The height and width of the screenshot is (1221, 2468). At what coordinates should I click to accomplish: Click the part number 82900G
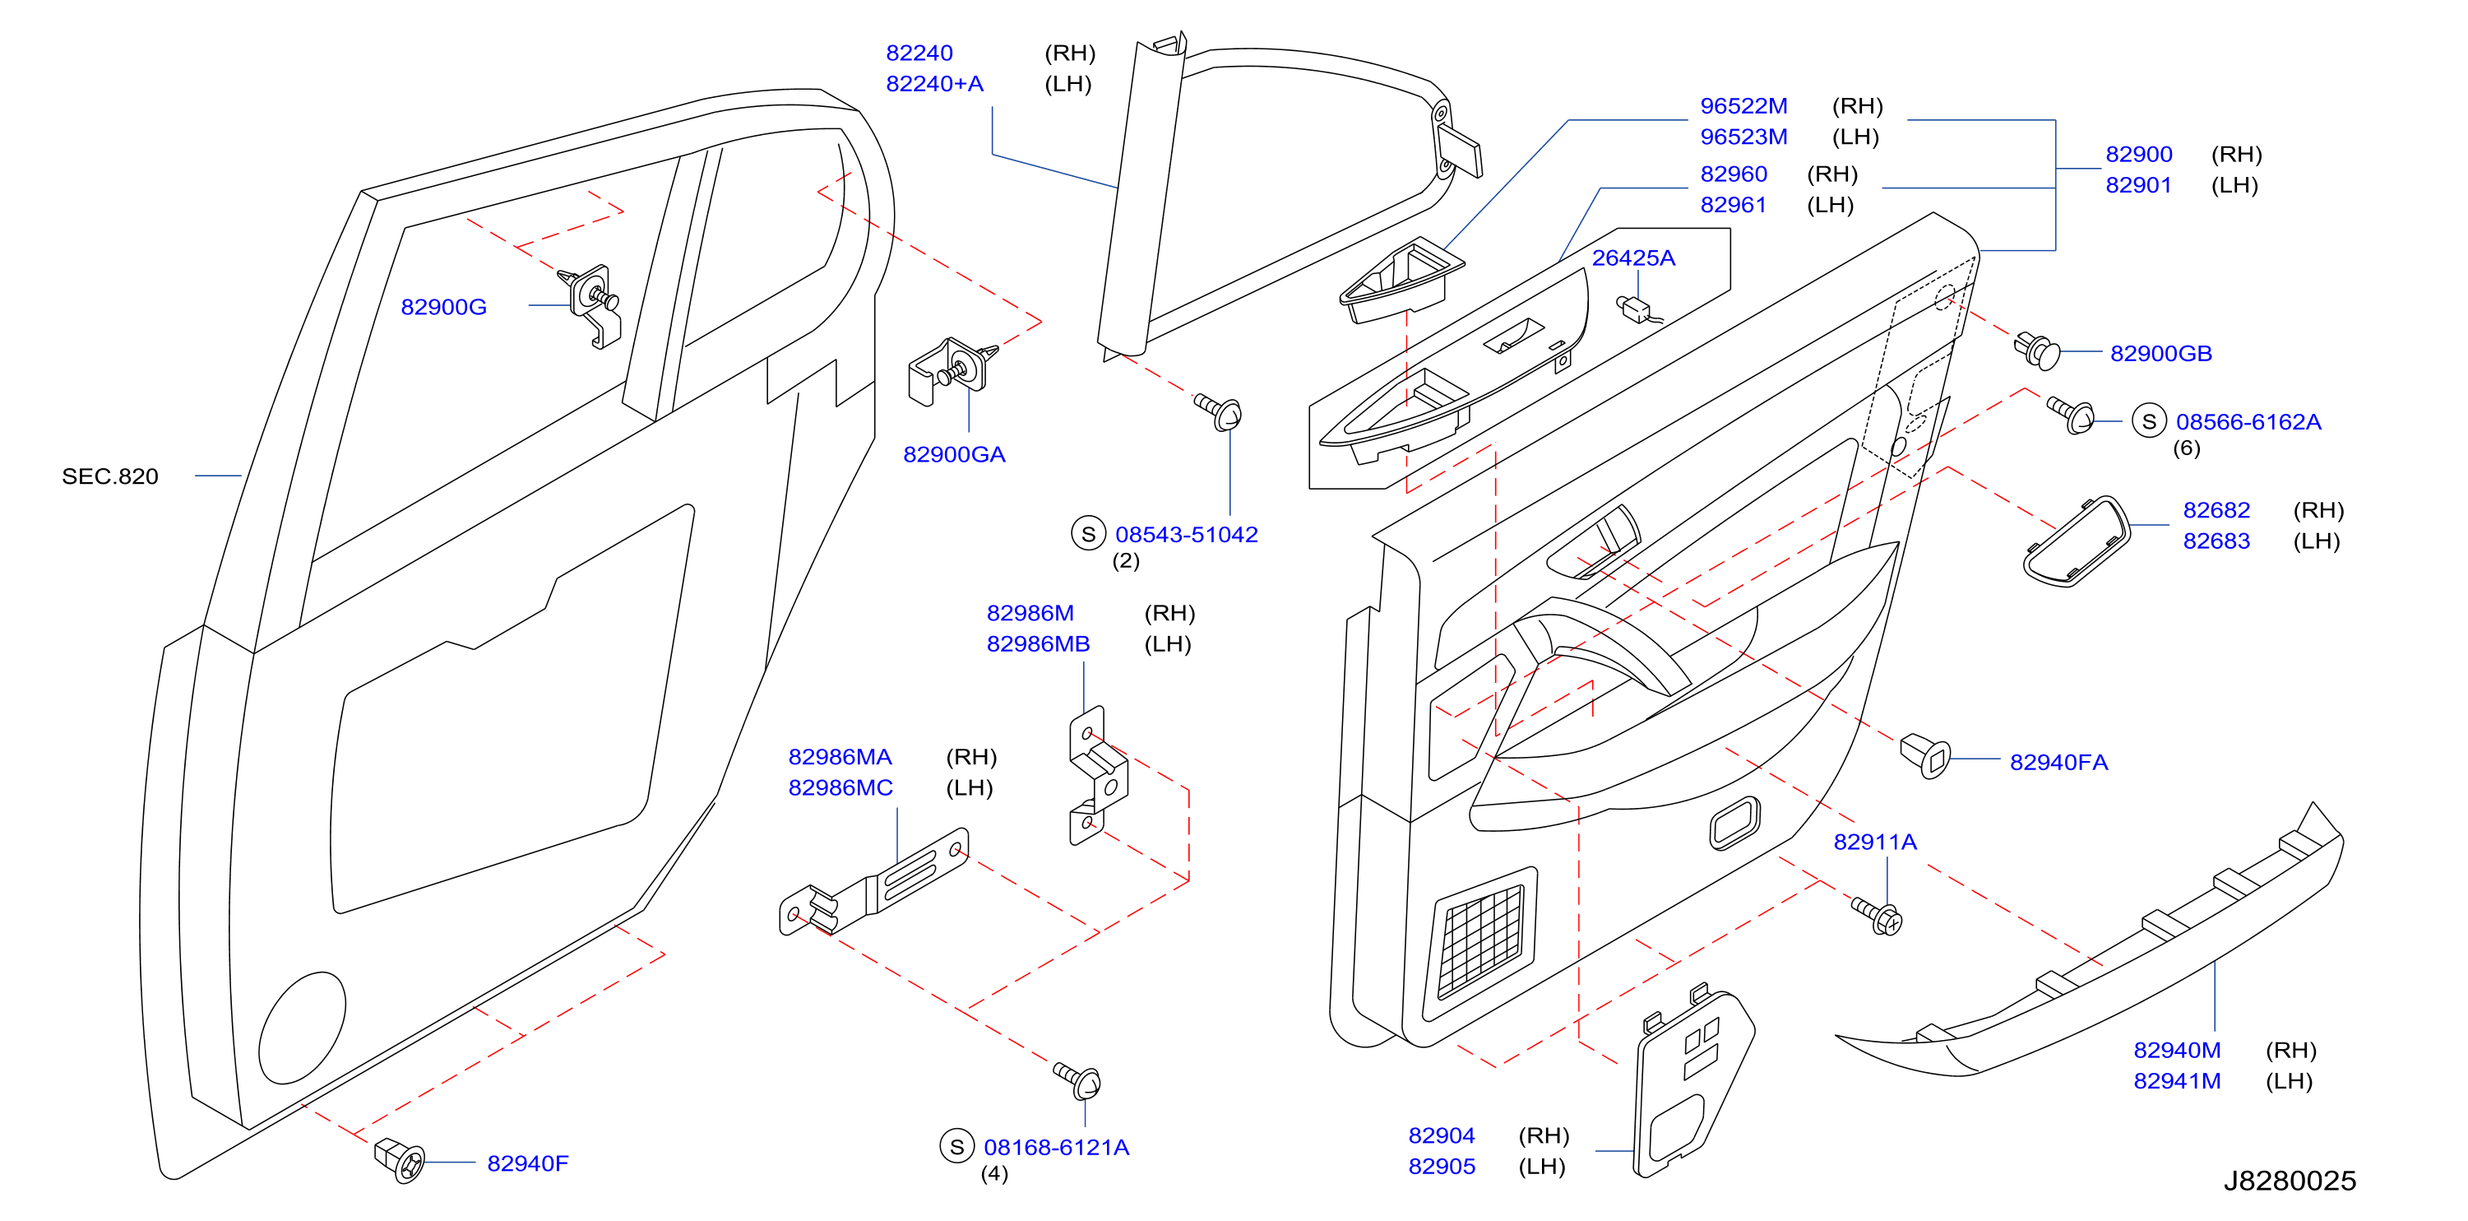click(x=443, y=307)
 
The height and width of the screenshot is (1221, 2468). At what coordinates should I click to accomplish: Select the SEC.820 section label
click(x=110, y=476)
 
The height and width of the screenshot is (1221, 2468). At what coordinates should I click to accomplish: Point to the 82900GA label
click(x=954, y=454)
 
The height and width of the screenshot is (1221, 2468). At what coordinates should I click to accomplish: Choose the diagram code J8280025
click(x=2290, y=1181)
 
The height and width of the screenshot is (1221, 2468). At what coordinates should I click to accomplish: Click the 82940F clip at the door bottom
click(x=400, y=1159)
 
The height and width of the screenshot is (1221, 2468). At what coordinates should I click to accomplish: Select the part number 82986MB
click(x=1038, y=644)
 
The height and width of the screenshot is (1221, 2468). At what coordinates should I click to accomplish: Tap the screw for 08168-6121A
click(x=1078, y=1079)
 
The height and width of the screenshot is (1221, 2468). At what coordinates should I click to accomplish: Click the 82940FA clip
click(x=1924, y=757)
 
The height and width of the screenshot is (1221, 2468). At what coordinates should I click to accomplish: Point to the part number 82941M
click(x=2177, y=1081)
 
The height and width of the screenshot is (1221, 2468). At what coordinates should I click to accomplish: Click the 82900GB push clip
click(x=2037, y=351)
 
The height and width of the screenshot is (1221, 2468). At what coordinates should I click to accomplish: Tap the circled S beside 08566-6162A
click(x=2149, y=422)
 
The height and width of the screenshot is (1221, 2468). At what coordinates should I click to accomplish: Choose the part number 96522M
click(x=1743, y=105)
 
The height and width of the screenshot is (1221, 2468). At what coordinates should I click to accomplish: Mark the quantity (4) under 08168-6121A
click(x=994, y=1173)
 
